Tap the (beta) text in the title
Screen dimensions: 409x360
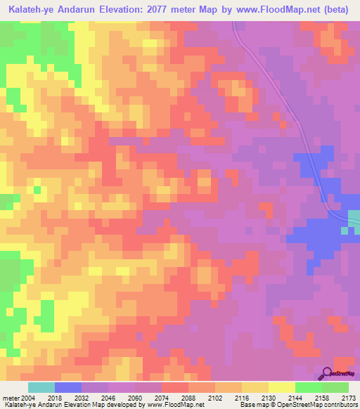(338, 9)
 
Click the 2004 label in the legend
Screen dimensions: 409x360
(27, 397)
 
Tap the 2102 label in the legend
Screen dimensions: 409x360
(228, 397)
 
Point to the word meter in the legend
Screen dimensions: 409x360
(11, 397)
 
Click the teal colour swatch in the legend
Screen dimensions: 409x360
(41, 387)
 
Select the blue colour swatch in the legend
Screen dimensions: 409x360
(67, 387)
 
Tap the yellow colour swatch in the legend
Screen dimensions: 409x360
(281, 387)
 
